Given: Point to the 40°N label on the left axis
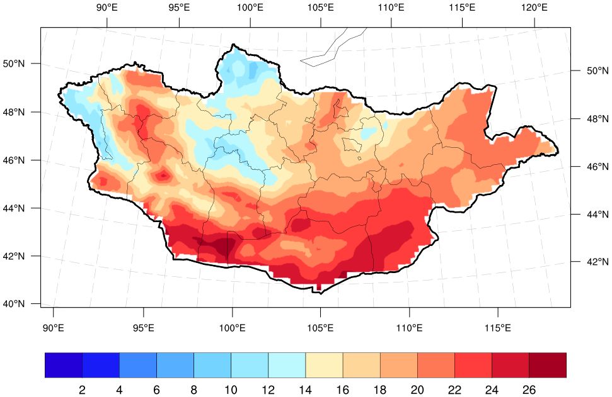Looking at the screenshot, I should (x=14, y=304).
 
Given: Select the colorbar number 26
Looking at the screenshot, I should (x=529, y=390).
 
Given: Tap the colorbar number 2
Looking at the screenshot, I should (x=82, y=390).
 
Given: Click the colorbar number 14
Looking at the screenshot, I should (x=305, y=390).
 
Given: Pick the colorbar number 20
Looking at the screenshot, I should (x=417, y=390).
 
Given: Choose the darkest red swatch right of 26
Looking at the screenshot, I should (x=548, y=365).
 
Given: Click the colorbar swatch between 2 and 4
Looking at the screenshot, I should (x=101, y=365).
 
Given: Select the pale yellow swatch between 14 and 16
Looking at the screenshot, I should (x=324, y=365).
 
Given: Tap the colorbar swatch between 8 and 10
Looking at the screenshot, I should (x=212, y=365).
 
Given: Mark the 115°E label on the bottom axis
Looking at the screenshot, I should (x=499, y=328).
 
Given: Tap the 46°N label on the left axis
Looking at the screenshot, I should (x=14, y=160).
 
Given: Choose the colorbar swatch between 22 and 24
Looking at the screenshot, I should (x=473, y=365).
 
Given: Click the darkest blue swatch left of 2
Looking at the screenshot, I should (x=64, y=365).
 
